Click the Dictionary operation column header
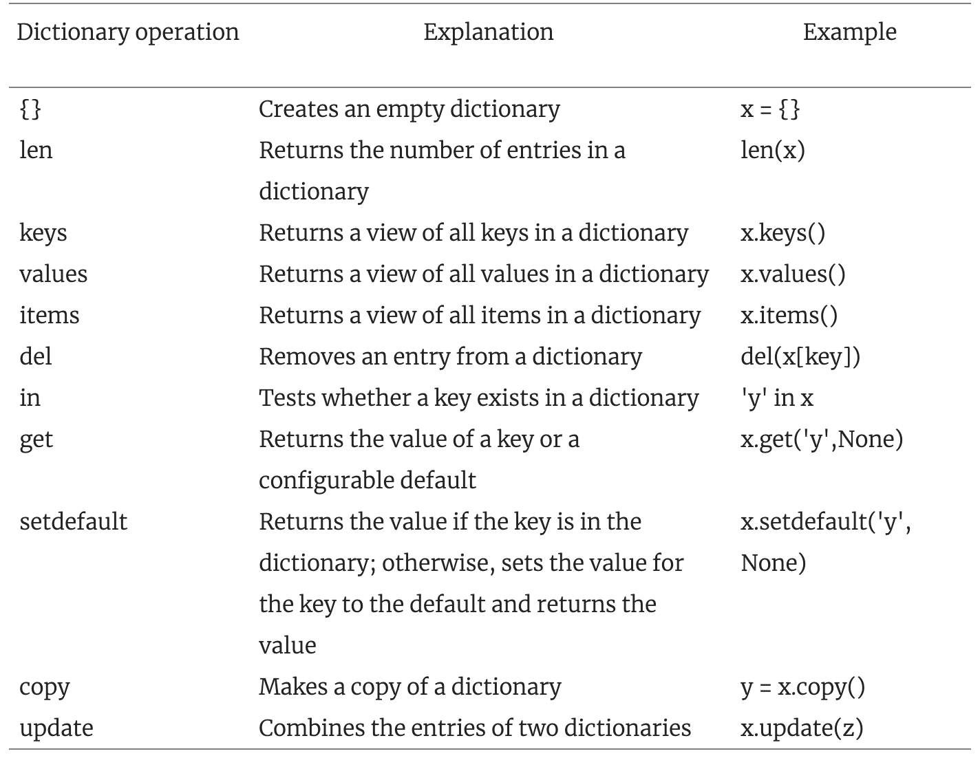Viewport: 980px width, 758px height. [128, 33]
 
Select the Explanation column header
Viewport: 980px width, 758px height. [489, 33]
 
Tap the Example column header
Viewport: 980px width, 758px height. [850, 33]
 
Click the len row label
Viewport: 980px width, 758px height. [36, 150]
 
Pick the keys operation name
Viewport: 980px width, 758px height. [43, 233]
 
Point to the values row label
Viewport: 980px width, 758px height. [53, 274]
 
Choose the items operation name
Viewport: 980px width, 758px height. [49, 315]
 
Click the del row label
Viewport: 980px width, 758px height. [36, 356]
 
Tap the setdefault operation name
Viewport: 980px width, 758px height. [74, 521]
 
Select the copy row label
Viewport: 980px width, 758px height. [45, 688]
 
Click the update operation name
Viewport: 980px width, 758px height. [56, 728]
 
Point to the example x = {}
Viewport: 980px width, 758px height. [770, 109]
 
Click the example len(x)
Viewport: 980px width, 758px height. [773, 150]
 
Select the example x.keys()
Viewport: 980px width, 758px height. [783, 233]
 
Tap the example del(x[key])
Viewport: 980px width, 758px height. [800, 357]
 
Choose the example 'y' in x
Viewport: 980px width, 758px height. [777, 398]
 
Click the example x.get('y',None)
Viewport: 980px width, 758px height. [822, 440]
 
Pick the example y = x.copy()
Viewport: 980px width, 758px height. [802, 688]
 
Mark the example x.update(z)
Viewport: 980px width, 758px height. [802, 728]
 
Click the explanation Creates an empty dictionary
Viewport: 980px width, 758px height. [409, 109]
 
